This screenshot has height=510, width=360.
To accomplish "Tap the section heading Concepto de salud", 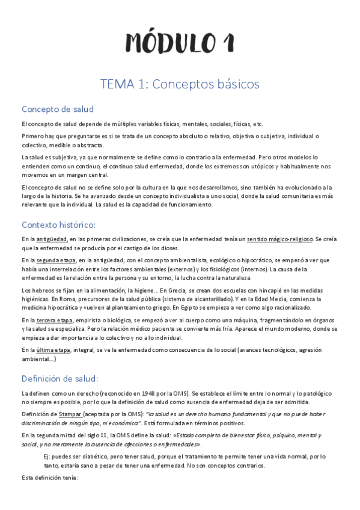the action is (x=58, y=109).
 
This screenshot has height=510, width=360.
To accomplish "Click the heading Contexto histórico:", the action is (x=58, y=225).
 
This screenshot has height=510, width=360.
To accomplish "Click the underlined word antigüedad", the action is (x=52, y=239).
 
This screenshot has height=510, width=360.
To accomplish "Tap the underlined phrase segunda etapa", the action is (x=56, y=260).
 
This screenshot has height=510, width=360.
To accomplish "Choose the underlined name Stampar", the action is (x=72, y=414).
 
